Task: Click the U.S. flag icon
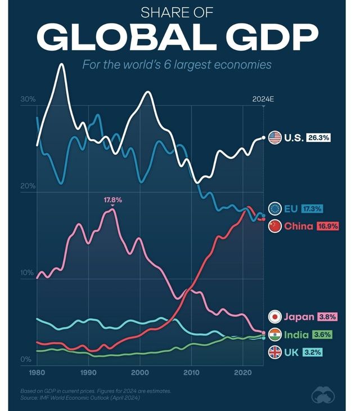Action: [x=274, y=137]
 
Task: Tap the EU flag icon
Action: [x=274, y=209]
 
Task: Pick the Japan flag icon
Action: [x=274, y=317]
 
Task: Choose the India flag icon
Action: [x=274, y=334]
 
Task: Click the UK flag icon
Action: [x=274, y=353]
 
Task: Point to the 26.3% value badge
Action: [x=318, y=137]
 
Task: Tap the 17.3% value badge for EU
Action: [x=312, y=209]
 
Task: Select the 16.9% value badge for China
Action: [x=326, y=226]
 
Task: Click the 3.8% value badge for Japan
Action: [x=327, y=317]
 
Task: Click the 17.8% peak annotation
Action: [x=112, y=200]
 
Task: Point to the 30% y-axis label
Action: [x=28, y=99]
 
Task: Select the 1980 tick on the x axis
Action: [x=37, y=373]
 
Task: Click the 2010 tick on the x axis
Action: [x=191, y=373]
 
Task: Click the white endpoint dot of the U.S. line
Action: [x=263, y=137]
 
